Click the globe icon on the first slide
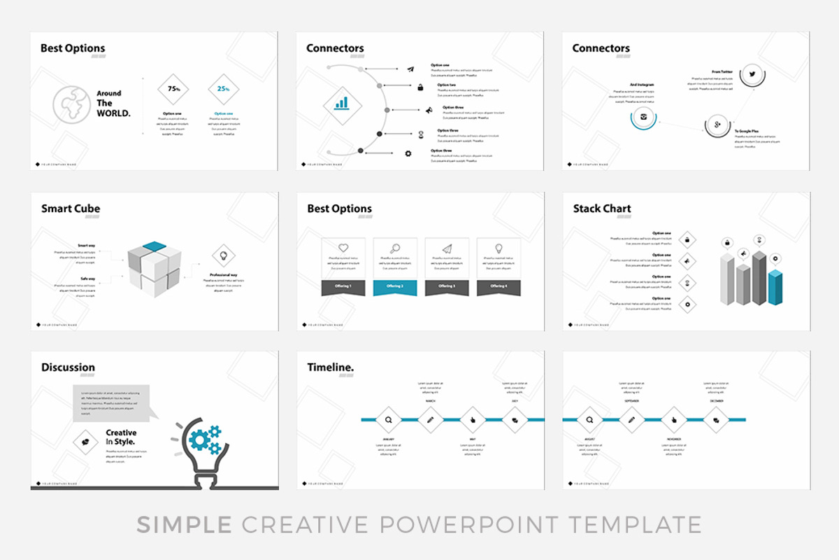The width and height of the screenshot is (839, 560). (71, 104)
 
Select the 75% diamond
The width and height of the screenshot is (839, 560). (173, 89)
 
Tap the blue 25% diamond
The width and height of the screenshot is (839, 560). (223, 89)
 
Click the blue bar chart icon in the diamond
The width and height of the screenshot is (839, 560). (341, 104)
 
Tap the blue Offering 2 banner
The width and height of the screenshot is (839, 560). (395, 286)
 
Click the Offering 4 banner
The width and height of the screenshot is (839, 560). (499, 286)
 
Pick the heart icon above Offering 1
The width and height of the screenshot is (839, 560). (343, 248)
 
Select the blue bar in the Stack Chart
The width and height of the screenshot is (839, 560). (775, 287)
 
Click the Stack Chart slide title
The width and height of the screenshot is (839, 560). (602, 209)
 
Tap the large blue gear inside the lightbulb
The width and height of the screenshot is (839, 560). (199, 439)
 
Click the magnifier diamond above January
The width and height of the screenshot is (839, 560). (388, 420)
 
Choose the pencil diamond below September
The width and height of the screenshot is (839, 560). (631, 420)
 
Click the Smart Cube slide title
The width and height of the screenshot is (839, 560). (71, 209)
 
